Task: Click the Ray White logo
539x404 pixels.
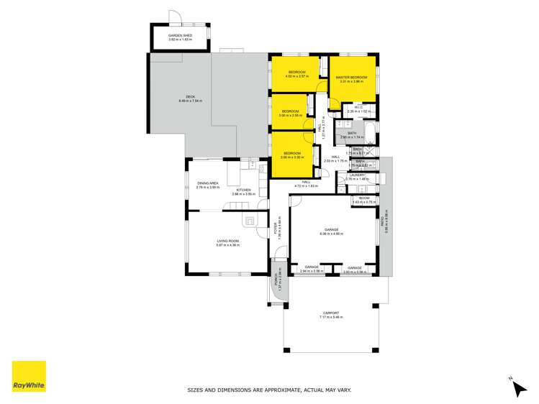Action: (x=29, y=376)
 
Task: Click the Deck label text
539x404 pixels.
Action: (x=190, y=96)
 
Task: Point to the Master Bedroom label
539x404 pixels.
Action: (x=353, y=78)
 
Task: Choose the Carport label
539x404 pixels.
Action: (x=331, y=313)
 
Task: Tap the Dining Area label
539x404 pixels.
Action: (x=208, y=183)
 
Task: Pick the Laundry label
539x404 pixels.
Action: (x=358, y=175)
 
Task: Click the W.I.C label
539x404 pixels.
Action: (x=358, y=107)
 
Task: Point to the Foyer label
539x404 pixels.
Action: (x=276, y=228)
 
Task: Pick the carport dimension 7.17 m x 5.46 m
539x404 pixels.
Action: (x=331, y=317)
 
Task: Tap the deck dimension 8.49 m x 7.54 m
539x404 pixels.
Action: (x=190, y=101)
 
